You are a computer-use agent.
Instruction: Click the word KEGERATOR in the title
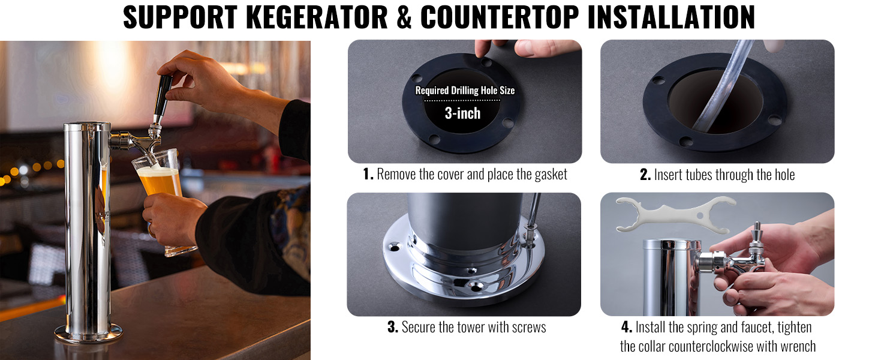click(317, 17)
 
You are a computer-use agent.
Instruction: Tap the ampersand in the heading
click(404, 17)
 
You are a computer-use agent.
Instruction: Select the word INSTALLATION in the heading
click(671, 17)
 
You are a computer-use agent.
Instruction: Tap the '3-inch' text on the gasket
click(462, 113)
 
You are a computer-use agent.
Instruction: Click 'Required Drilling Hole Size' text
click(465, 91)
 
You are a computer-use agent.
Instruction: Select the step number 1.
click(368, 174)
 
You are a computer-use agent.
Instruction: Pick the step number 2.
click(645, 175)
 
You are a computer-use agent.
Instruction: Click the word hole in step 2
click(781, 175)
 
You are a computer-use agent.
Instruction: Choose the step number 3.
click(393, 327)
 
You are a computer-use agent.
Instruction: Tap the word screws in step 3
click(527, 328)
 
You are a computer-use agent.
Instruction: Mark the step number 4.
click(627, 327)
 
